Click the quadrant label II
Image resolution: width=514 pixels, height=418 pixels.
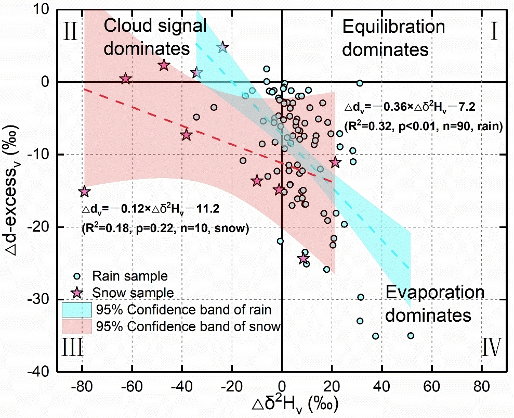pyautogui.click(x=71, y=32)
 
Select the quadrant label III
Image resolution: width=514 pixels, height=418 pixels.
pyautogui.click(x=73, y=347)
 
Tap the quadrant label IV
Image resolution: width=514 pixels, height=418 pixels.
pyautogui.click(x=491, y=347)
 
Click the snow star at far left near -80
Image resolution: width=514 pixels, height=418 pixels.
pyautogui.click(x=84, y=192)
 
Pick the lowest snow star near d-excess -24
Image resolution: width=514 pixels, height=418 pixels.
pyautogui.click(x=304, y=259)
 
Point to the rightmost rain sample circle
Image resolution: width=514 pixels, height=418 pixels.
pyautogui.click(x=411, y=336)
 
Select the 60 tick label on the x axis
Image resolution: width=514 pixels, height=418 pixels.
pyautogui.click(x=431, y=387)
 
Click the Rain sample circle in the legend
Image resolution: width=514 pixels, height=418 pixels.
pyautogui.click(x=77, y=276)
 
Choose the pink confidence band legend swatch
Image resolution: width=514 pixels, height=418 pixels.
pyautogui.click(x=77, y=326)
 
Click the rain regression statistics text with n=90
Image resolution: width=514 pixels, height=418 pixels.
pyautogui.click(x=421, y=126)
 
